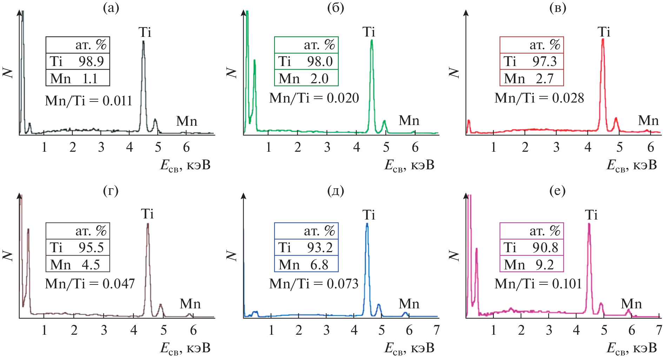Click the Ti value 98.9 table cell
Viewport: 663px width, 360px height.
click(78, 61)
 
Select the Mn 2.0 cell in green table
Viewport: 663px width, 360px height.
click(306, 78)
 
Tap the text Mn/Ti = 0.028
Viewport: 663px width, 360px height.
click(539, 98)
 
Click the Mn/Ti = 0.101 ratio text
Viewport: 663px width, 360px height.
click(538, 283)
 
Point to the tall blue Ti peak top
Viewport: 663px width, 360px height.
click(367, 224)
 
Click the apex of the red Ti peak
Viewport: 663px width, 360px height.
click(603, 39)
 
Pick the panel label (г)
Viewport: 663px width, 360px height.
click(111, 191)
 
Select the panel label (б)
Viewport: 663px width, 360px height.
click(335, 8)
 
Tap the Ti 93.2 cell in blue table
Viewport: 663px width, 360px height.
click(306, 248)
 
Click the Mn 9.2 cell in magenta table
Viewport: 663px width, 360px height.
click(531, 264)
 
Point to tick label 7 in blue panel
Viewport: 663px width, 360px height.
click(436, 330)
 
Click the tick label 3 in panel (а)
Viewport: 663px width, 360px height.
click(101, 147)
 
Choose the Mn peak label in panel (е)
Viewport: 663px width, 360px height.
click(631, 304)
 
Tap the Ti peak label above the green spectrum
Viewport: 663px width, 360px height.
click(369, 32)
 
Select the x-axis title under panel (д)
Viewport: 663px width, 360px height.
click(409, 348)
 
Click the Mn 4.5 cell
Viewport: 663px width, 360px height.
click(78, 264)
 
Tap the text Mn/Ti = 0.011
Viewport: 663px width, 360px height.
click(88, 101)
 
